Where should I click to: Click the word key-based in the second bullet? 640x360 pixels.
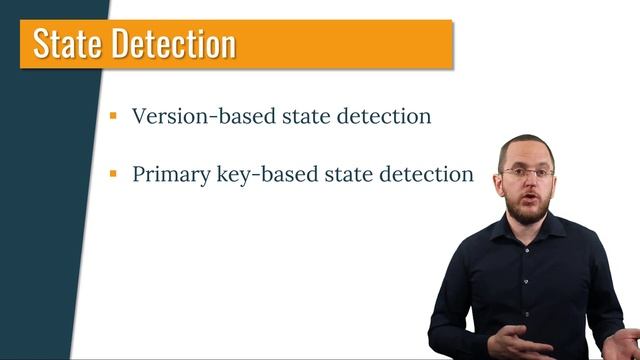coord(253,174)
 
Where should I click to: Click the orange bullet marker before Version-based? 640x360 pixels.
coord(114,116)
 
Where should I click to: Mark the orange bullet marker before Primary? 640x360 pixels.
coord(114,174)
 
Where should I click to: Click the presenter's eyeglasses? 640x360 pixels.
coord(527,173)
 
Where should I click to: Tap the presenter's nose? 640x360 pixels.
coord(528,183)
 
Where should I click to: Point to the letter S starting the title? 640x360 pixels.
coord(43,44)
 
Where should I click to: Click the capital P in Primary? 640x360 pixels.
coord(139,173)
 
